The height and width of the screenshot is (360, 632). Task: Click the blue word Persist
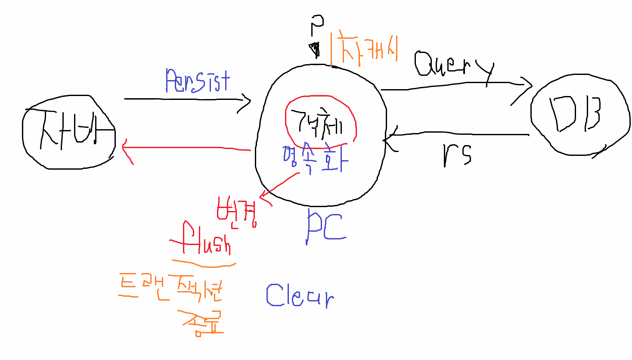tap(198, 81)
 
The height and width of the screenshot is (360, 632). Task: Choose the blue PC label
tap(325, 226)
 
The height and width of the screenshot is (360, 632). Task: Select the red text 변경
tap(236, 211)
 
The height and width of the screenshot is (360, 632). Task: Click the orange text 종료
tap(202, 323)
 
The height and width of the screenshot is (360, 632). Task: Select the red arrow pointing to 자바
tap(185, 148)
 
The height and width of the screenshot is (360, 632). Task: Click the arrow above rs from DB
tap(456, 135)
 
